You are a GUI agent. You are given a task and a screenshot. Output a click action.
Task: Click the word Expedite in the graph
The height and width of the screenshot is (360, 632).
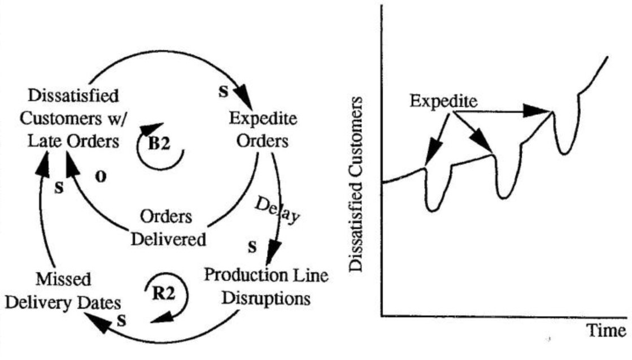coord(443,102)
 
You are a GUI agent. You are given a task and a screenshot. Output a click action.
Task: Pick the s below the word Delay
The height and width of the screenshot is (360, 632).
coord(252,247)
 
